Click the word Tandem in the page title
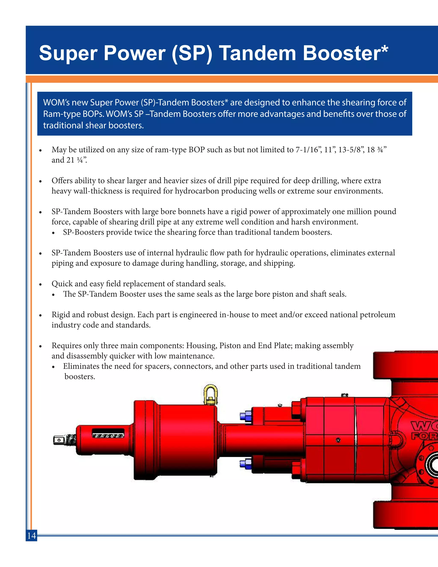(257, 53)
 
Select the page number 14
(31, 536)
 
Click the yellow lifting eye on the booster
(210, 395)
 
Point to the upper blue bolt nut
(246, 416)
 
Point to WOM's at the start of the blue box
(56, 102)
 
